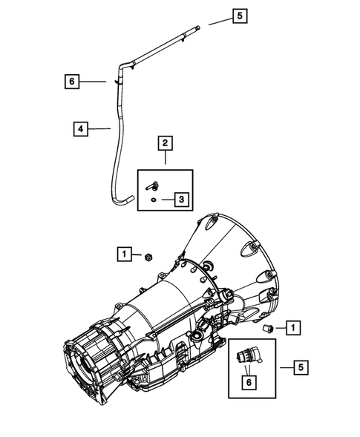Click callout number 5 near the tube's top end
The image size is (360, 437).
238,15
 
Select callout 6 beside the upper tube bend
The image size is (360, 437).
71,82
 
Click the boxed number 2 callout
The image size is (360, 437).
165,142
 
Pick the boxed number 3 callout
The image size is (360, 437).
181,199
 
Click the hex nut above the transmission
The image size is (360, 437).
148,256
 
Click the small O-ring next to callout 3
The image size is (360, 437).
151,200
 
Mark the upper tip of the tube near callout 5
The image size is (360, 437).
198,29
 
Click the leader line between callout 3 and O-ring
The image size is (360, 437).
164,200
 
